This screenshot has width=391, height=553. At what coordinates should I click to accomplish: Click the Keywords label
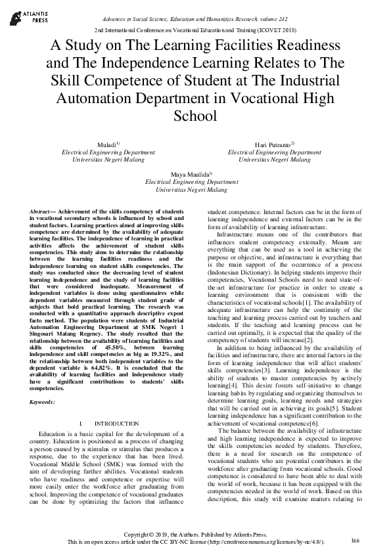tap(43, 401)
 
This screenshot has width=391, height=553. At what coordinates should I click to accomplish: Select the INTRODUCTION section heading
tap(117, 424)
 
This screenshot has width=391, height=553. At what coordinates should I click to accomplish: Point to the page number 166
tap(356, 541)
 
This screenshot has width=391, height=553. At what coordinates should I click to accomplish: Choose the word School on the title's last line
tap(195, 116)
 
